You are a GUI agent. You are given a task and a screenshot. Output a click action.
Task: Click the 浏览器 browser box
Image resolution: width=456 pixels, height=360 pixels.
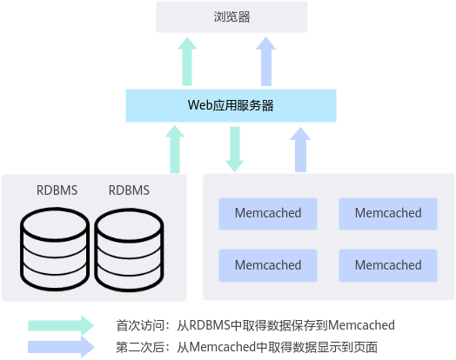231,17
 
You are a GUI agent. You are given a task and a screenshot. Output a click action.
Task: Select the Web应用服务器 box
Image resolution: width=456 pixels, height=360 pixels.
231,105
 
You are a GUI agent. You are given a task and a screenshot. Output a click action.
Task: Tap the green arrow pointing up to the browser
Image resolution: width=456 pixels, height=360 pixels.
187,62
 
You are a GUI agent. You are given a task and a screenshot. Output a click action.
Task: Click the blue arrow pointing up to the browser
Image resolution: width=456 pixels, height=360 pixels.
265,62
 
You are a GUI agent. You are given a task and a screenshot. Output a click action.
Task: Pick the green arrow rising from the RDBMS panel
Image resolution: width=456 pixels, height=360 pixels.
175,150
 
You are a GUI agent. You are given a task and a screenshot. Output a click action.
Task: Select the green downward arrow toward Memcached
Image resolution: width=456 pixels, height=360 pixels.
235,150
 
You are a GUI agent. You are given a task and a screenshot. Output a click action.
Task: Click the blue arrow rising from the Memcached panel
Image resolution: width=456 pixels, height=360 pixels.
300,150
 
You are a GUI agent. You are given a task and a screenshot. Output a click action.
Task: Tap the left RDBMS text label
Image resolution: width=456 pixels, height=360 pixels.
57,190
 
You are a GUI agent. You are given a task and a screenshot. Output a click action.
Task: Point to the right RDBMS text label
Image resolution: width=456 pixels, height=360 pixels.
129,190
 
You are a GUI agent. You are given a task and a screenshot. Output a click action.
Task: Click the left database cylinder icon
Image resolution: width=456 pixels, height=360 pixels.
55,249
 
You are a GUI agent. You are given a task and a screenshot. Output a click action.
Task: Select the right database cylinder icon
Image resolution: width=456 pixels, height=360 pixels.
129,250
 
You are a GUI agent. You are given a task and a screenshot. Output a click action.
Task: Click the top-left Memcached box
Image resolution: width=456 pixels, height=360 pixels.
268,214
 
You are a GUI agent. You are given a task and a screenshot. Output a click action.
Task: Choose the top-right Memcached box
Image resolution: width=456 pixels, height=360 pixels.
388,214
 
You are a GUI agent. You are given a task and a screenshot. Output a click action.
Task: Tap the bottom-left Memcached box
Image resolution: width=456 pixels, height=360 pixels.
268,265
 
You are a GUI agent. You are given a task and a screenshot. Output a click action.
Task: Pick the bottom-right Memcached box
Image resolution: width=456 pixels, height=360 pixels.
388,265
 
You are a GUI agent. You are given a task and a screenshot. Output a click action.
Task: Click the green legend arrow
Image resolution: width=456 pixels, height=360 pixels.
61,325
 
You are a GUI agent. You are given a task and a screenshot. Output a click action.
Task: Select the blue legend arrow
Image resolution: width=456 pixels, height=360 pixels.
61,347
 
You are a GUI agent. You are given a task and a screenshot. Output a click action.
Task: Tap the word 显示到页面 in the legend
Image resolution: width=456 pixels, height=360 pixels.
347,347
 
